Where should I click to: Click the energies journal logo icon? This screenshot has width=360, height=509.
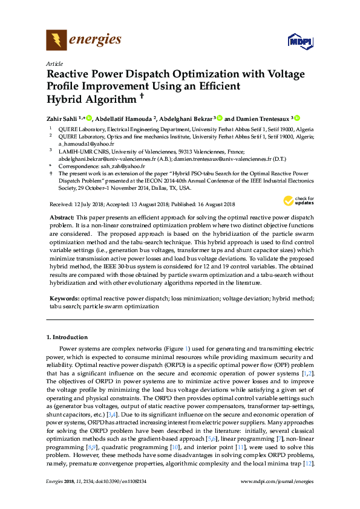coord(57,41)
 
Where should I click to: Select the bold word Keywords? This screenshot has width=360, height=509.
coord(64,299)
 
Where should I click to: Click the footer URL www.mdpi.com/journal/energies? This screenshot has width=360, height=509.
coord(277,481)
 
